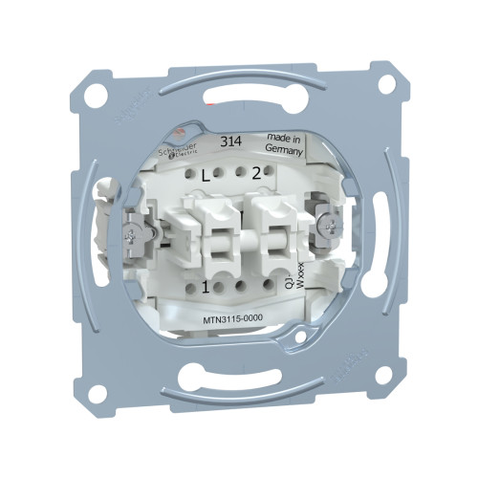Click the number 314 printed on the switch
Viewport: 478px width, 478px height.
click(229, 141)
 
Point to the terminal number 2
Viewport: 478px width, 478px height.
click(255, 174)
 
